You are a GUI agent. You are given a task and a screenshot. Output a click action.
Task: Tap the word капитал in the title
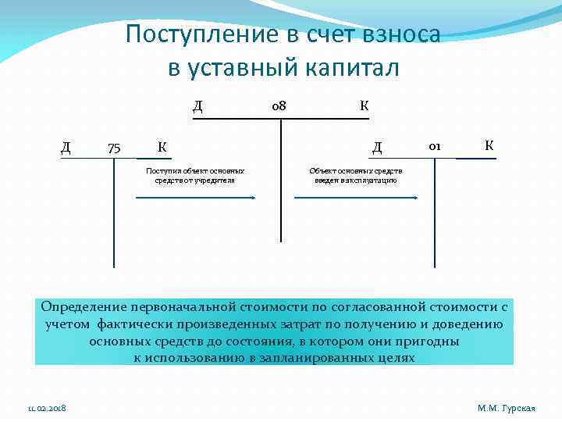point(351,68)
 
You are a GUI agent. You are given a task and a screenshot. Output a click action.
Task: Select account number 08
point(278,105)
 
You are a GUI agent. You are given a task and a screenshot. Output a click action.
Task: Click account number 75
point(114,146)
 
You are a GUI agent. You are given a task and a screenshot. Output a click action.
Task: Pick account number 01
point(435,145)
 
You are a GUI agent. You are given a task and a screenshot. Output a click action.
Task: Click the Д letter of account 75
point(66,146)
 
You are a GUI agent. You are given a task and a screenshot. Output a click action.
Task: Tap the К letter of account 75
point(161,146)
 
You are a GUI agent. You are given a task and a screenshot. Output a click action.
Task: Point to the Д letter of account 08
point(197,105)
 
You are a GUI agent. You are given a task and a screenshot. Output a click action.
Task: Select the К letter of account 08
point(364,105)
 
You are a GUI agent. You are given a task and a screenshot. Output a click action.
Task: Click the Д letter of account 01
point(377,146)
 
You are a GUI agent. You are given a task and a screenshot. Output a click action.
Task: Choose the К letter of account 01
point(489,145)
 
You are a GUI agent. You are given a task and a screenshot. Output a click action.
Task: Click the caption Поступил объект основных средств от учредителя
point(195,175)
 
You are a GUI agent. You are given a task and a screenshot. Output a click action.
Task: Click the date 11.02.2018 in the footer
point(47,409)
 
